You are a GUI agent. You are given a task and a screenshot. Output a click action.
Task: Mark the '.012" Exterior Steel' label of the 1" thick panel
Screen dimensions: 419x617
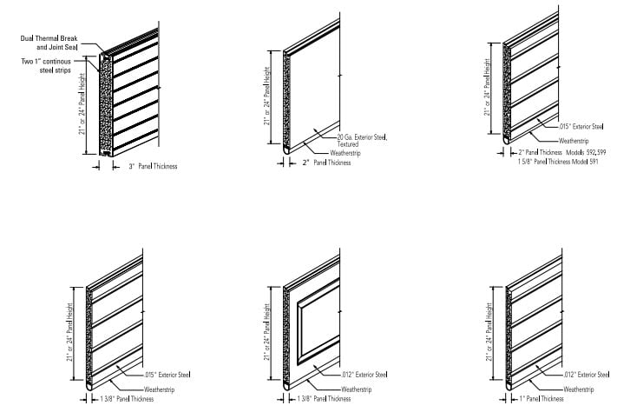click(583, 375)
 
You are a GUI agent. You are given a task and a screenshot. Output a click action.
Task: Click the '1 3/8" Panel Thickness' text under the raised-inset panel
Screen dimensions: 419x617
click(324, 399)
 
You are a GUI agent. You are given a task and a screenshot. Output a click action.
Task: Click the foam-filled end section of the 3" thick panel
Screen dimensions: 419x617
click(104, 104)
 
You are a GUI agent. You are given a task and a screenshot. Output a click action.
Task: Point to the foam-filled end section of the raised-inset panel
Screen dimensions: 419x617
click(287, 335)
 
